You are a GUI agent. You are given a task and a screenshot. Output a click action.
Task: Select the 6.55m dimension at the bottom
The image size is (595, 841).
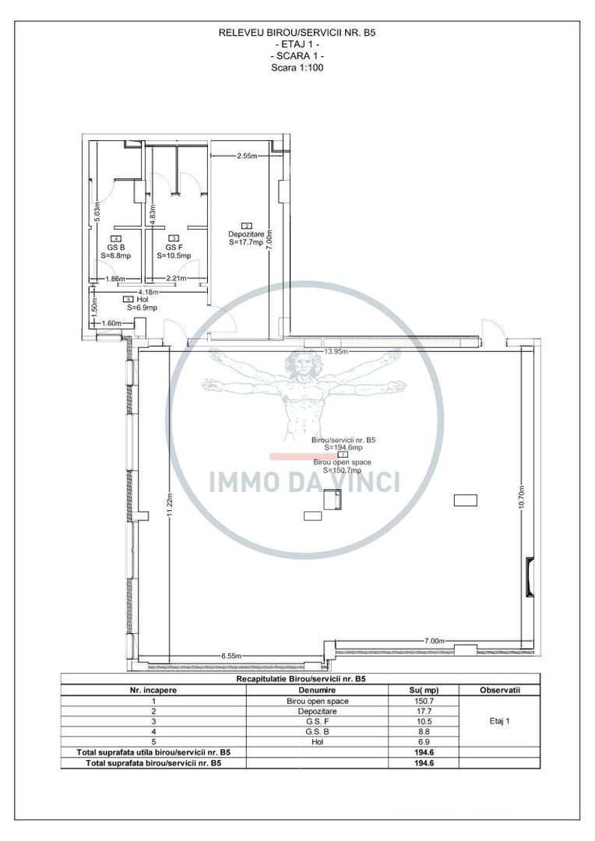(x=234, y=656)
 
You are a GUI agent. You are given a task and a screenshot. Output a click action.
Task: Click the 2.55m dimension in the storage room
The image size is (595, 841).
(x=248, y=156)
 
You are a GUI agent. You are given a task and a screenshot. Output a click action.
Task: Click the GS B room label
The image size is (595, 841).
(x=116, y=246)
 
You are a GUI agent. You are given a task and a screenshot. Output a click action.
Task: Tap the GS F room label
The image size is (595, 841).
(x=173, y=246)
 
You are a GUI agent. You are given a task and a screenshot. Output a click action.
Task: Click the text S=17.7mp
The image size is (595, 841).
(x=247, y=242)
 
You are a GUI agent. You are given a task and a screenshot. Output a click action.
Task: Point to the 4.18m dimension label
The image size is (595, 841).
(x=148, y=292)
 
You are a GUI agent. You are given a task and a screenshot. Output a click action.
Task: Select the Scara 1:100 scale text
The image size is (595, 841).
(x=297, y=68)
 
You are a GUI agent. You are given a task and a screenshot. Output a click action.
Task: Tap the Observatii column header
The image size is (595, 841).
(x=499, y=690)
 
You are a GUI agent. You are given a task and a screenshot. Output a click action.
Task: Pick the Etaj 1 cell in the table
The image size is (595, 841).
(x=499, y=722)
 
